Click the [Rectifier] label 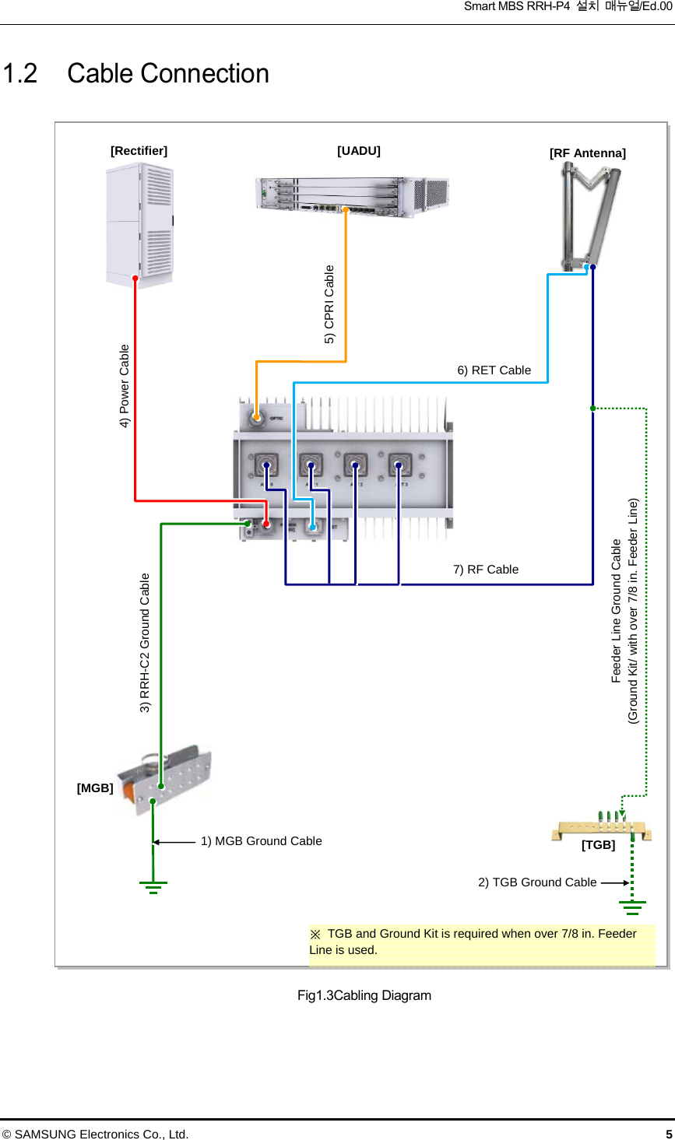pyautogui.click(x=139, y=151)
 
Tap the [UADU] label pyautogui.click(x=359, y=151)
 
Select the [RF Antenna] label pyautogui.click(x=587, y=153)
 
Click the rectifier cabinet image pyautogui.click(x=140, y=224)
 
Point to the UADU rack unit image pyautogui.click(x=352, y=195)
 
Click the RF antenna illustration pyautogui.click(x=590, y=216)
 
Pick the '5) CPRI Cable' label pyautogui.click(x=329, y=304)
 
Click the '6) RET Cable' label pyautogui.click(x=494, y=370)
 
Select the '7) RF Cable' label pyautogui.click(x=486, y=570)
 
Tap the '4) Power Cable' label pyautogui.click(x=125, y=386)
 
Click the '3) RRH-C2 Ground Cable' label pyautogui.click(x=145, y=643)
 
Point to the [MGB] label pyautogui.click(x=95, y=788)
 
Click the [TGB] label pyautogui.click(x=598, y=845)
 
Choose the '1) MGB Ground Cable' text pyautogui.click(x=261, y=841)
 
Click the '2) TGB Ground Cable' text pyautogui.click(x=537, y=882)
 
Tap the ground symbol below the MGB pyautogui.click(x=153, y=887)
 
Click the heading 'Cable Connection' pyautogui.click(x=167, y=74)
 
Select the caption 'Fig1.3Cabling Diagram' pyautogui.click(x=364, y=995)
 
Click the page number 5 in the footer pyautogui.click(x=668, y=1134)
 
